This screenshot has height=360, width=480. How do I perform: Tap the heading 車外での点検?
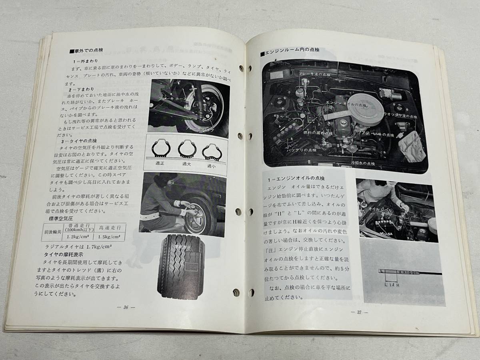click(88, 51)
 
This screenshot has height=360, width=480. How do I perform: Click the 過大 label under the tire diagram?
click(186, 163)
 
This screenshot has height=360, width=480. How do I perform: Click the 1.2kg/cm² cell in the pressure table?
click(79, 236)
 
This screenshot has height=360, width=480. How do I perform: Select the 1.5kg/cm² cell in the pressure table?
click(110, 237)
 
